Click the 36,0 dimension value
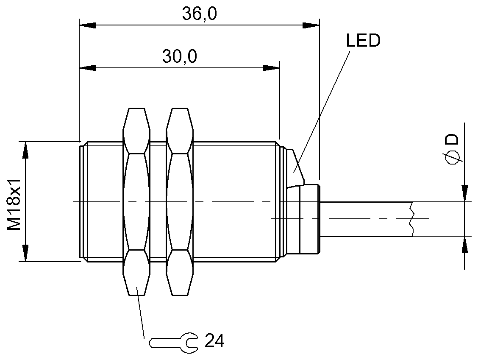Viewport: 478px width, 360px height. (199, 14)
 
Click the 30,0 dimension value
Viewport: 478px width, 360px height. (179, 56)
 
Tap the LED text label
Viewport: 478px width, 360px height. (363, 41)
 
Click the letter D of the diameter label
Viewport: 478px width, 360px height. (452, 140)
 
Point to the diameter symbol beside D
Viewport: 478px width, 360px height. (452, 157)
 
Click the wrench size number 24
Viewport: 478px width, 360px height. (214, 340)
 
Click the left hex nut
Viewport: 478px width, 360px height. (136, 201)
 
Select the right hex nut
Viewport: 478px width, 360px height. (180, 201)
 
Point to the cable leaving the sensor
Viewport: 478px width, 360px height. (364, 219)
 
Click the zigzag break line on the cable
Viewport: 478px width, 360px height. (411, 219)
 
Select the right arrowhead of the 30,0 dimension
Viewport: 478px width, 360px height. (271, 67)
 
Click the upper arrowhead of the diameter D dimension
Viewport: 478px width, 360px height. (465, 193)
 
